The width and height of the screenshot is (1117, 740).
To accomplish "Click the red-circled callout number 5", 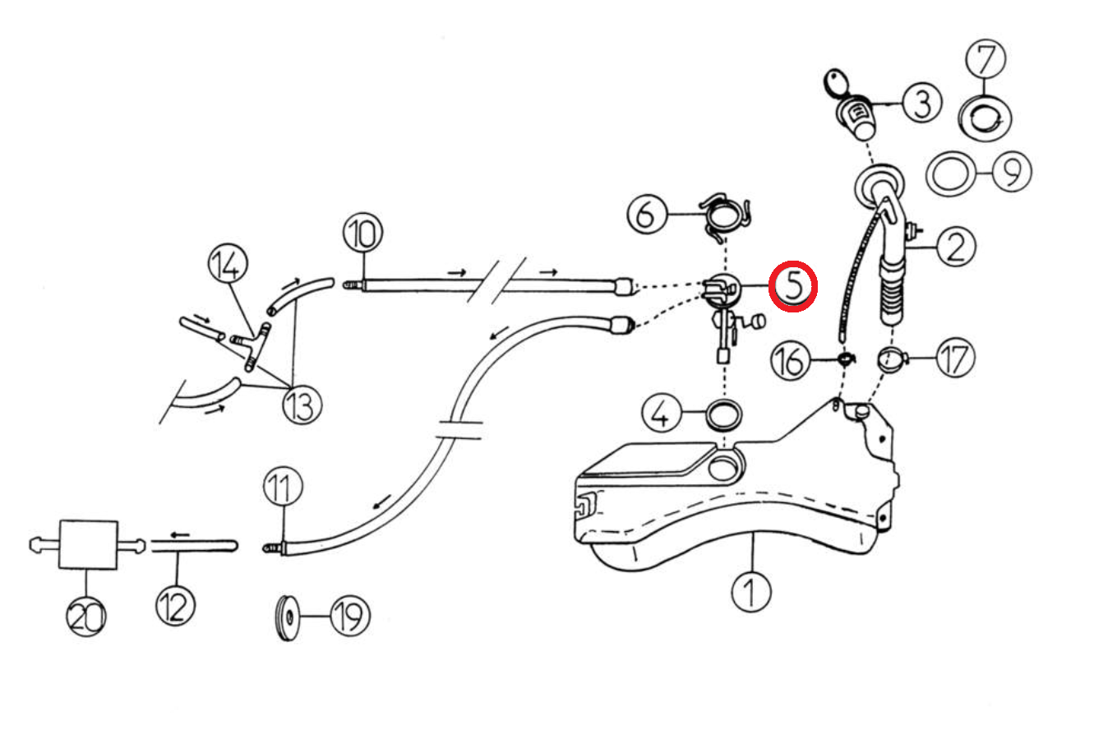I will coord(792,285).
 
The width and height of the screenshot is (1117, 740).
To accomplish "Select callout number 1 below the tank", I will coord(751,590).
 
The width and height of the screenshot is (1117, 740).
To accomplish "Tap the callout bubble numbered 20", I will coord(86,615).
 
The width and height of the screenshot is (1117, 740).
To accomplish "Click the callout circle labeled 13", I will coord(302,405).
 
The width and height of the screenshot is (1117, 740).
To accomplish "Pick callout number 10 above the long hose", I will coord(362,234).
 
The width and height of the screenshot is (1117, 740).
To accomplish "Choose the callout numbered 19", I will coord(349,615).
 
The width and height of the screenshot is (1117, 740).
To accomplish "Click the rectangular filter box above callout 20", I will coord(88,544).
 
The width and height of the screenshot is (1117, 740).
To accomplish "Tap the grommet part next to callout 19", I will coord(287,616).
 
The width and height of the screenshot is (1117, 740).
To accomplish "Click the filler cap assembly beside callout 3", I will coord(855,114).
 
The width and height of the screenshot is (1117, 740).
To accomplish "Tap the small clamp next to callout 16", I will coord(844,358).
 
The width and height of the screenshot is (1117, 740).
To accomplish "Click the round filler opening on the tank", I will coord(722,468).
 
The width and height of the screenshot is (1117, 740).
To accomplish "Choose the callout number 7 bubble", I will coord(985,59).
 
